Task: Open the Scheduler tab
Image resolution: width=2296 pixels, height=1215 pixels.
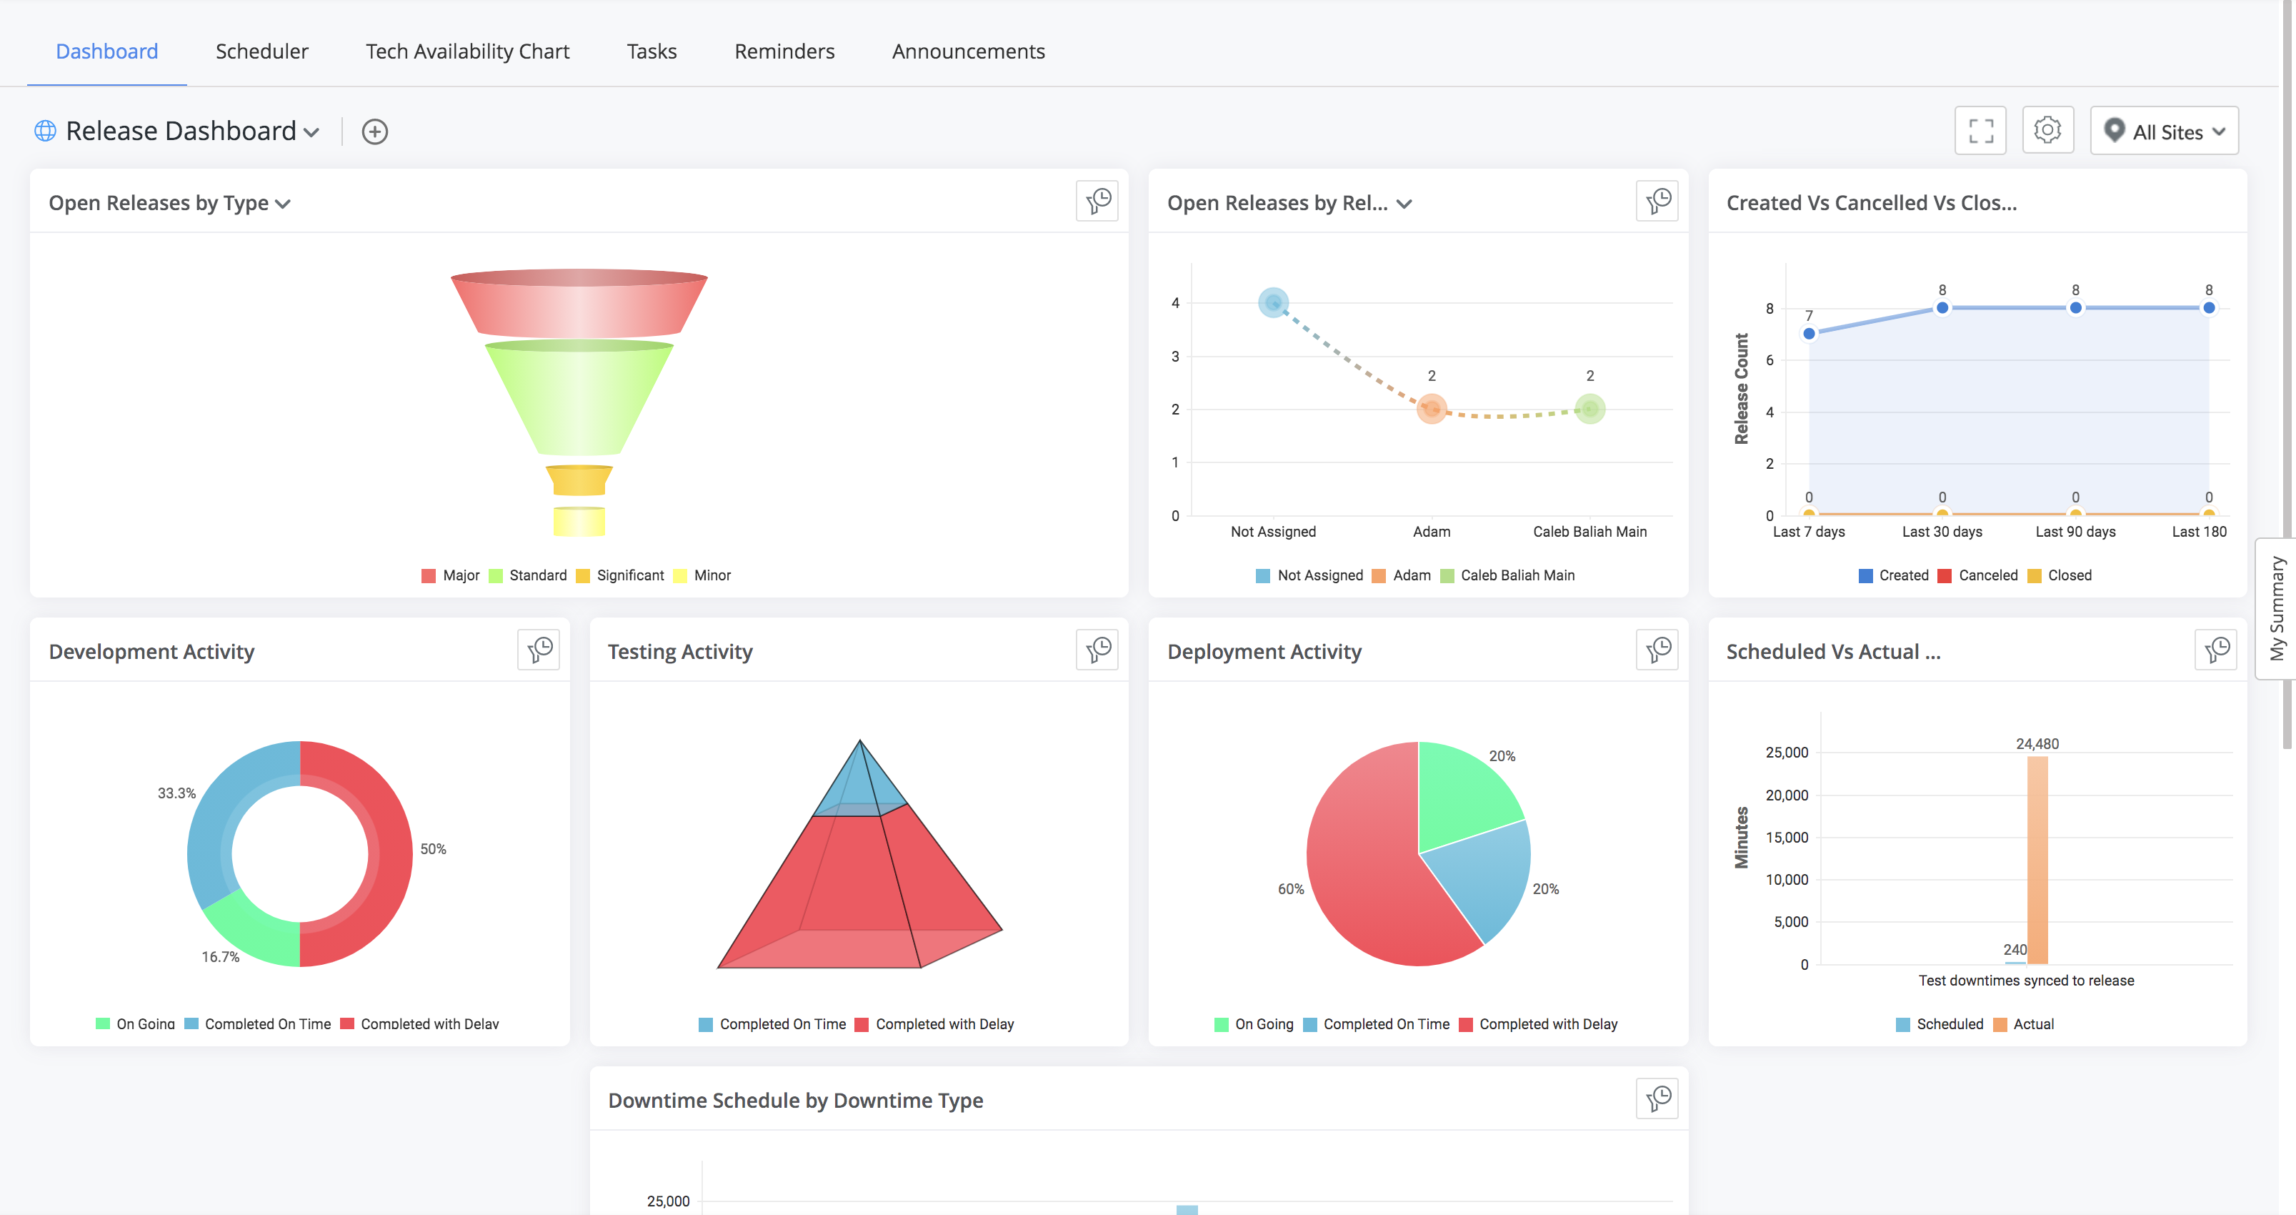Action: [261, 51]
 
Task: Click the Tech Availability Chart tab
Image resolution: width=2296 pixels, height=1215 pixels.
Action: [467, 51]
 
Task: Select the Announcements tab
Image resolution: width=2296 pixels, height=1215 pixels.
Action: [968, 51]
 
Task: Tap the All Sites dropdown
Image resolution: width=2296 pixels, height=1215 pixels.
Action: [2164, 131]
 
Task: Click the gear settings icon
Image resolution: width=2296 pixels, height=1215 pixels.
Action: [2047, 131]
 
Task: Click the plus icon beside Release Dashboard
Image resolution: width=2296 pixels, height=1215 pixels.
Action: [374, 132]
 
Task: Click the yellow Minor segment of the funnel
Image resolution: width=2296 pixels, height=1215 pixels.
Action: [579, 520]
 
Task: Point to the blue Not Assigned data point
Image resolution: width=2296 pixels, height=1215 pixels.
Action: [1273, 303]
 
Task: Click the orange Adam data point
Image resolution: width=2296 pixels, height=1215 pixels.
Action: [1432, 409]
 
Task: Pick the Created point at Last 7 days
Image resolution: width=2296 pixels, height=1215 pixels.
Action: [1809, 333]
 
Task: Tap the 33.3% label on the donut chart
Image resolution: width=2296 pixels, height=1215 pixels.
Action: [176, 793]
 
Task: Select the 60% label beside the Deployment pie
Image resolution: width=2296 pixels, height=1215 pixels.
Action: [1291, 889]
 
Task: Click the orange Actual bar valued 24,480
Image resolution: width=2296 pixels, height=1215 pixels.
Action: [2037, 861]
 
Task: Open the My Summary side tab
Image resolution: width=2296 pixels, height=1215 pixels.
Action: [2277, 609]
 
